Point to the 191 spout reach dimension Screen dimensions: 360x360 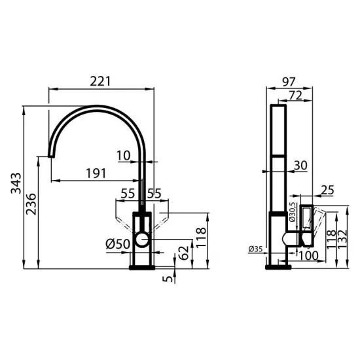[96, 173]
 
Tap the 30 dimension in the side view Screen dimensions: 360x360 [300, 166]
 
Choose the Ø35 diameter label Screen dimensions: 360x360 [257, 249]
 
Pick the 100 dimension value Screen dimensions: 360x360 [308, 255]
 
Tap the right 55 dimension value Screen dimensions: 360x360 [154, 193]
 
